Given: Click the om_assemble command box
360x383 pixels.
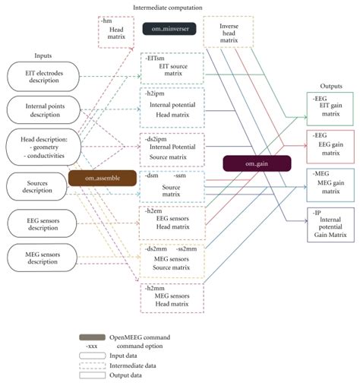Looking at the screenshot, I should [102, 177].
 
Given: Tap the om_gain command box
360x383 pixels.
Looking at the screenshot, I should [256, 163].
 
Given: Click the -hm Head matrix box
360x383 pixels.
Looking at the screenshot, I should [115, 33].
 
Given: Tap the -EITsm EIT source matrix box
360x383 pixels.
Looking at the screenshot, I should [172, 66].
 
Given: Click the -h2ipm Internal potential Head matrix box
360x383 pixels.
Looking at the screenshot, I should [172, 103].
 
